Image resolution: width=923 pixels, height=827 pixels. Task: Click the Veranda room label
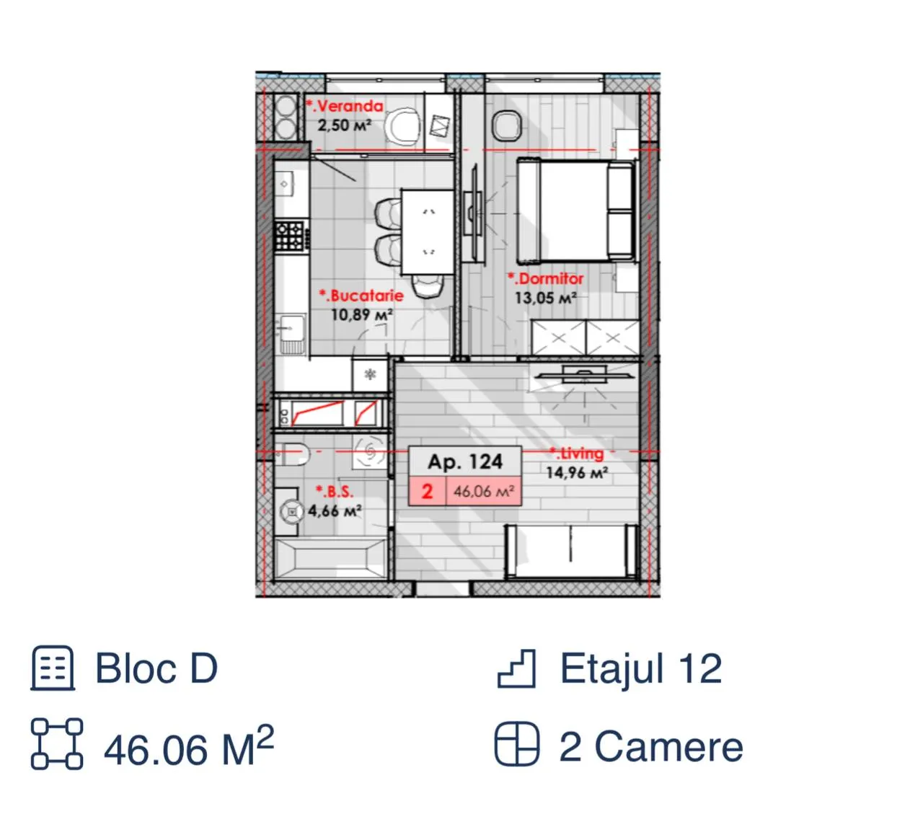tap(344, 106)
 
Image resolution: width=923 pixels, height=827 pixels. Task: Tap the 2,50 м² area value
tap(345, 125)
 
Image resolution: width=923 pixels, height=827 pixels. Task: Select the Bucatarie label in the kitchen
tap(361, 296)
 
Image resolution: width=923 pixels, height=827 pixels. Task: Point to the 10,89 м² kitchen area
tap(362, 314)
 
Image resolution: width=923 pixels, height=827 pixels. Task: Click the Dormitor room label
tap(545, 278)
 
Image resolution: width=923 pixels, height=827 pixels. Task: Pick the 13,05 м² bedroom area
tap(545, 298)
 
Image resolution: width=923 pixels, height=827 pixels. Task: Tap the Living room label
tap(576, 454)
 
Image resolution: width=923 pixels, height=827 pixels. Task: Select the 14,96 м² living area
tap(577, 472)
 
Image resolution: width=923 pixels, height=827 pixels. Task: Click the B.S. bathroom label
tap(335, 492)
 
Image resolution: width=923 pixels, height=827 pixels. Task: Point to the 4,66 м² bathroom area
tap(335, 510)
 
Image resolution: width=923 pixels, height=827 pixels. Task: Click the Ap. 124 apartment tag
tap(464, 462)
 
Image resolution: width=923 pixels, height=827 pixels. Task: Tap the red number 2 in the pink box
tap(427, 492)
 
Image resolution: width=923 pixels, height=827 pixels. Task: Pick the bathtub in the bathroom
tap(331, 558)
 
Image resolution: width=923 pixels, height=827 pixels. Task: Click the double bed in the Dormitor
tap(576, 211)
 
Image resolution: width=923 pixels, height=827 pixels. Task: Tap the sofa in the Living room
tap(571, 551)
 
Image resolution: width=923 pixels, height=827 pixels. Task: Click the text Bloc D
tap(156, 668)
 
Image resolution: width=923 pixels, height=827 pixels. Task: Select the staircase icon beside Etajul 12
tap(516, 668)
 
